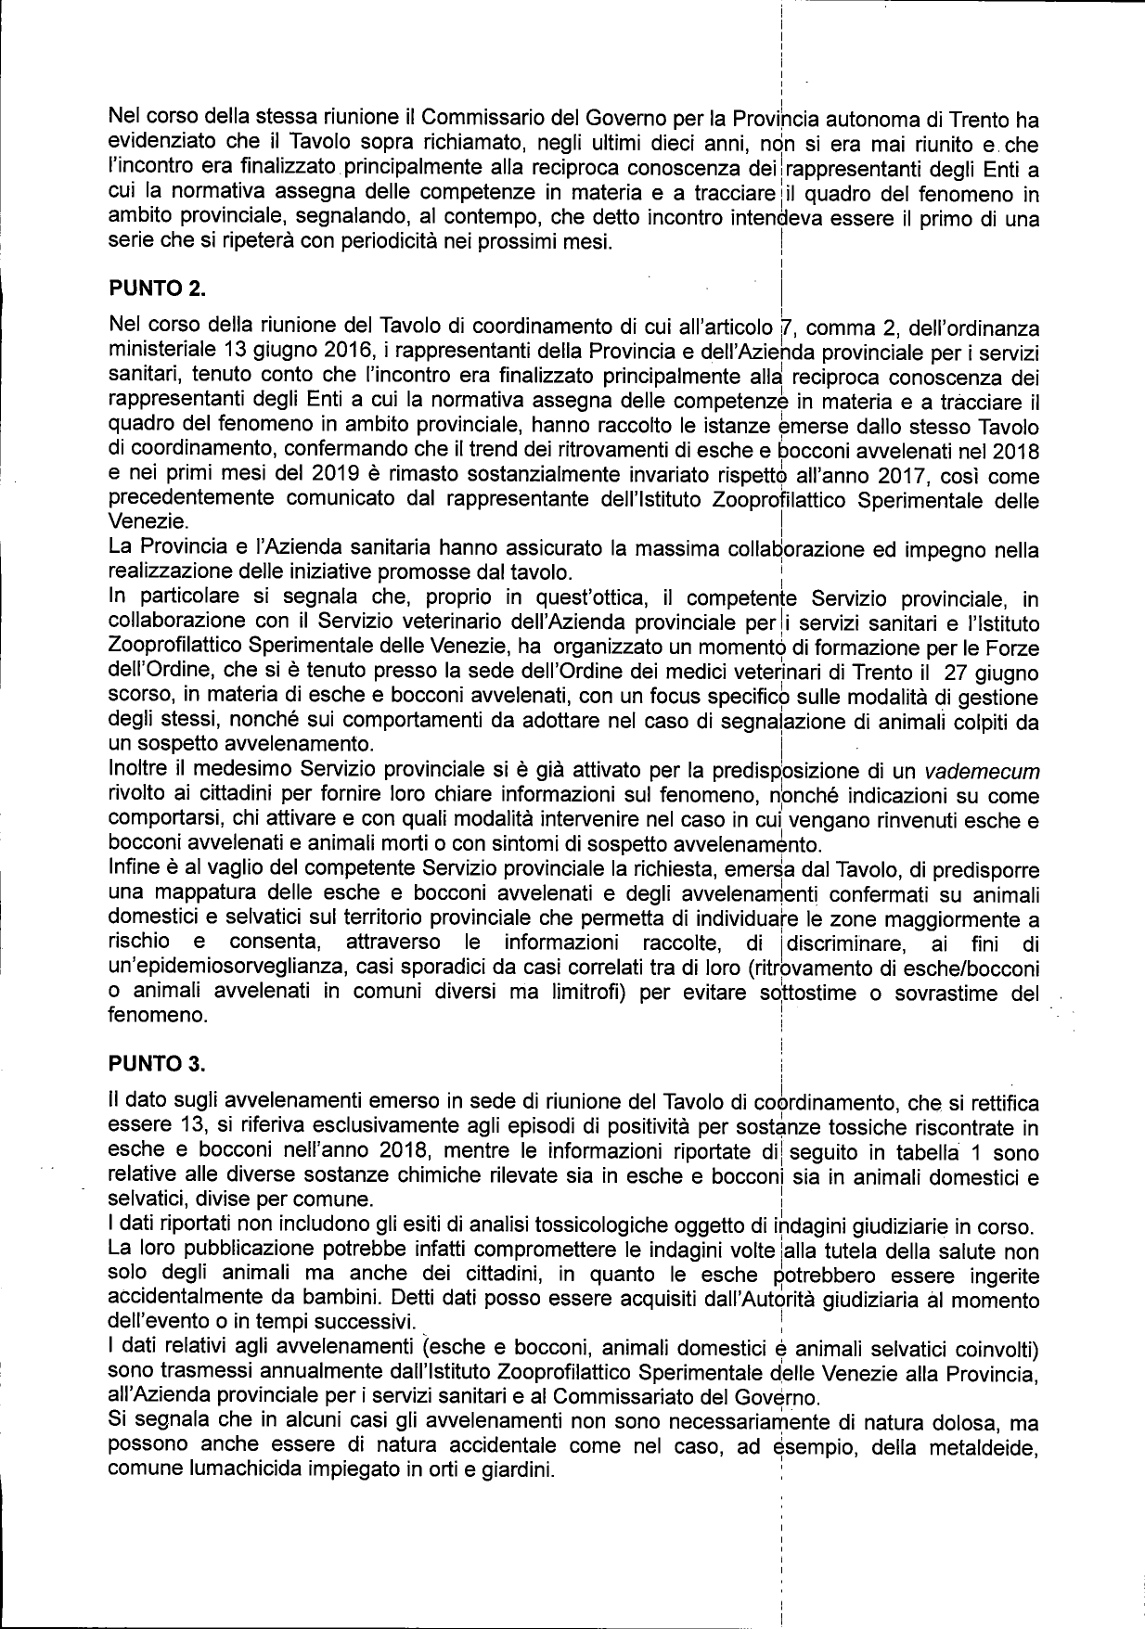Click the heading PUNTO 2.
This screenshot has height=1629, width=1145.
[156, 289]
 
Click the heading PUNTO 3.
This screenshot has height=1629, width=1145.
[156, 1063]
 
